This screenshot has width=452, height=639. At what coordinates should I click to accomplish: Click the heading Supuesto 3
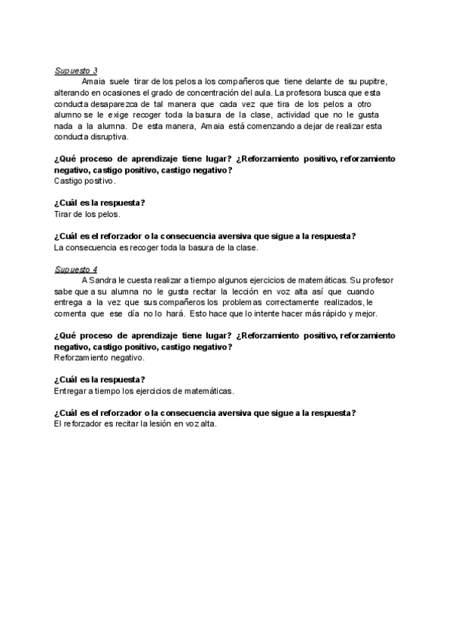[x=72, y=70]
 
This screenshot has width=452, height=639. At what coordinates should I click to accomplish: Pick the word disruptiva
[x=106, y=137]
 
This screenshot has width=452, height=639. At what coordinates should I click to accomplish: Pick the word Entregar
[x=72, y=391]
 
